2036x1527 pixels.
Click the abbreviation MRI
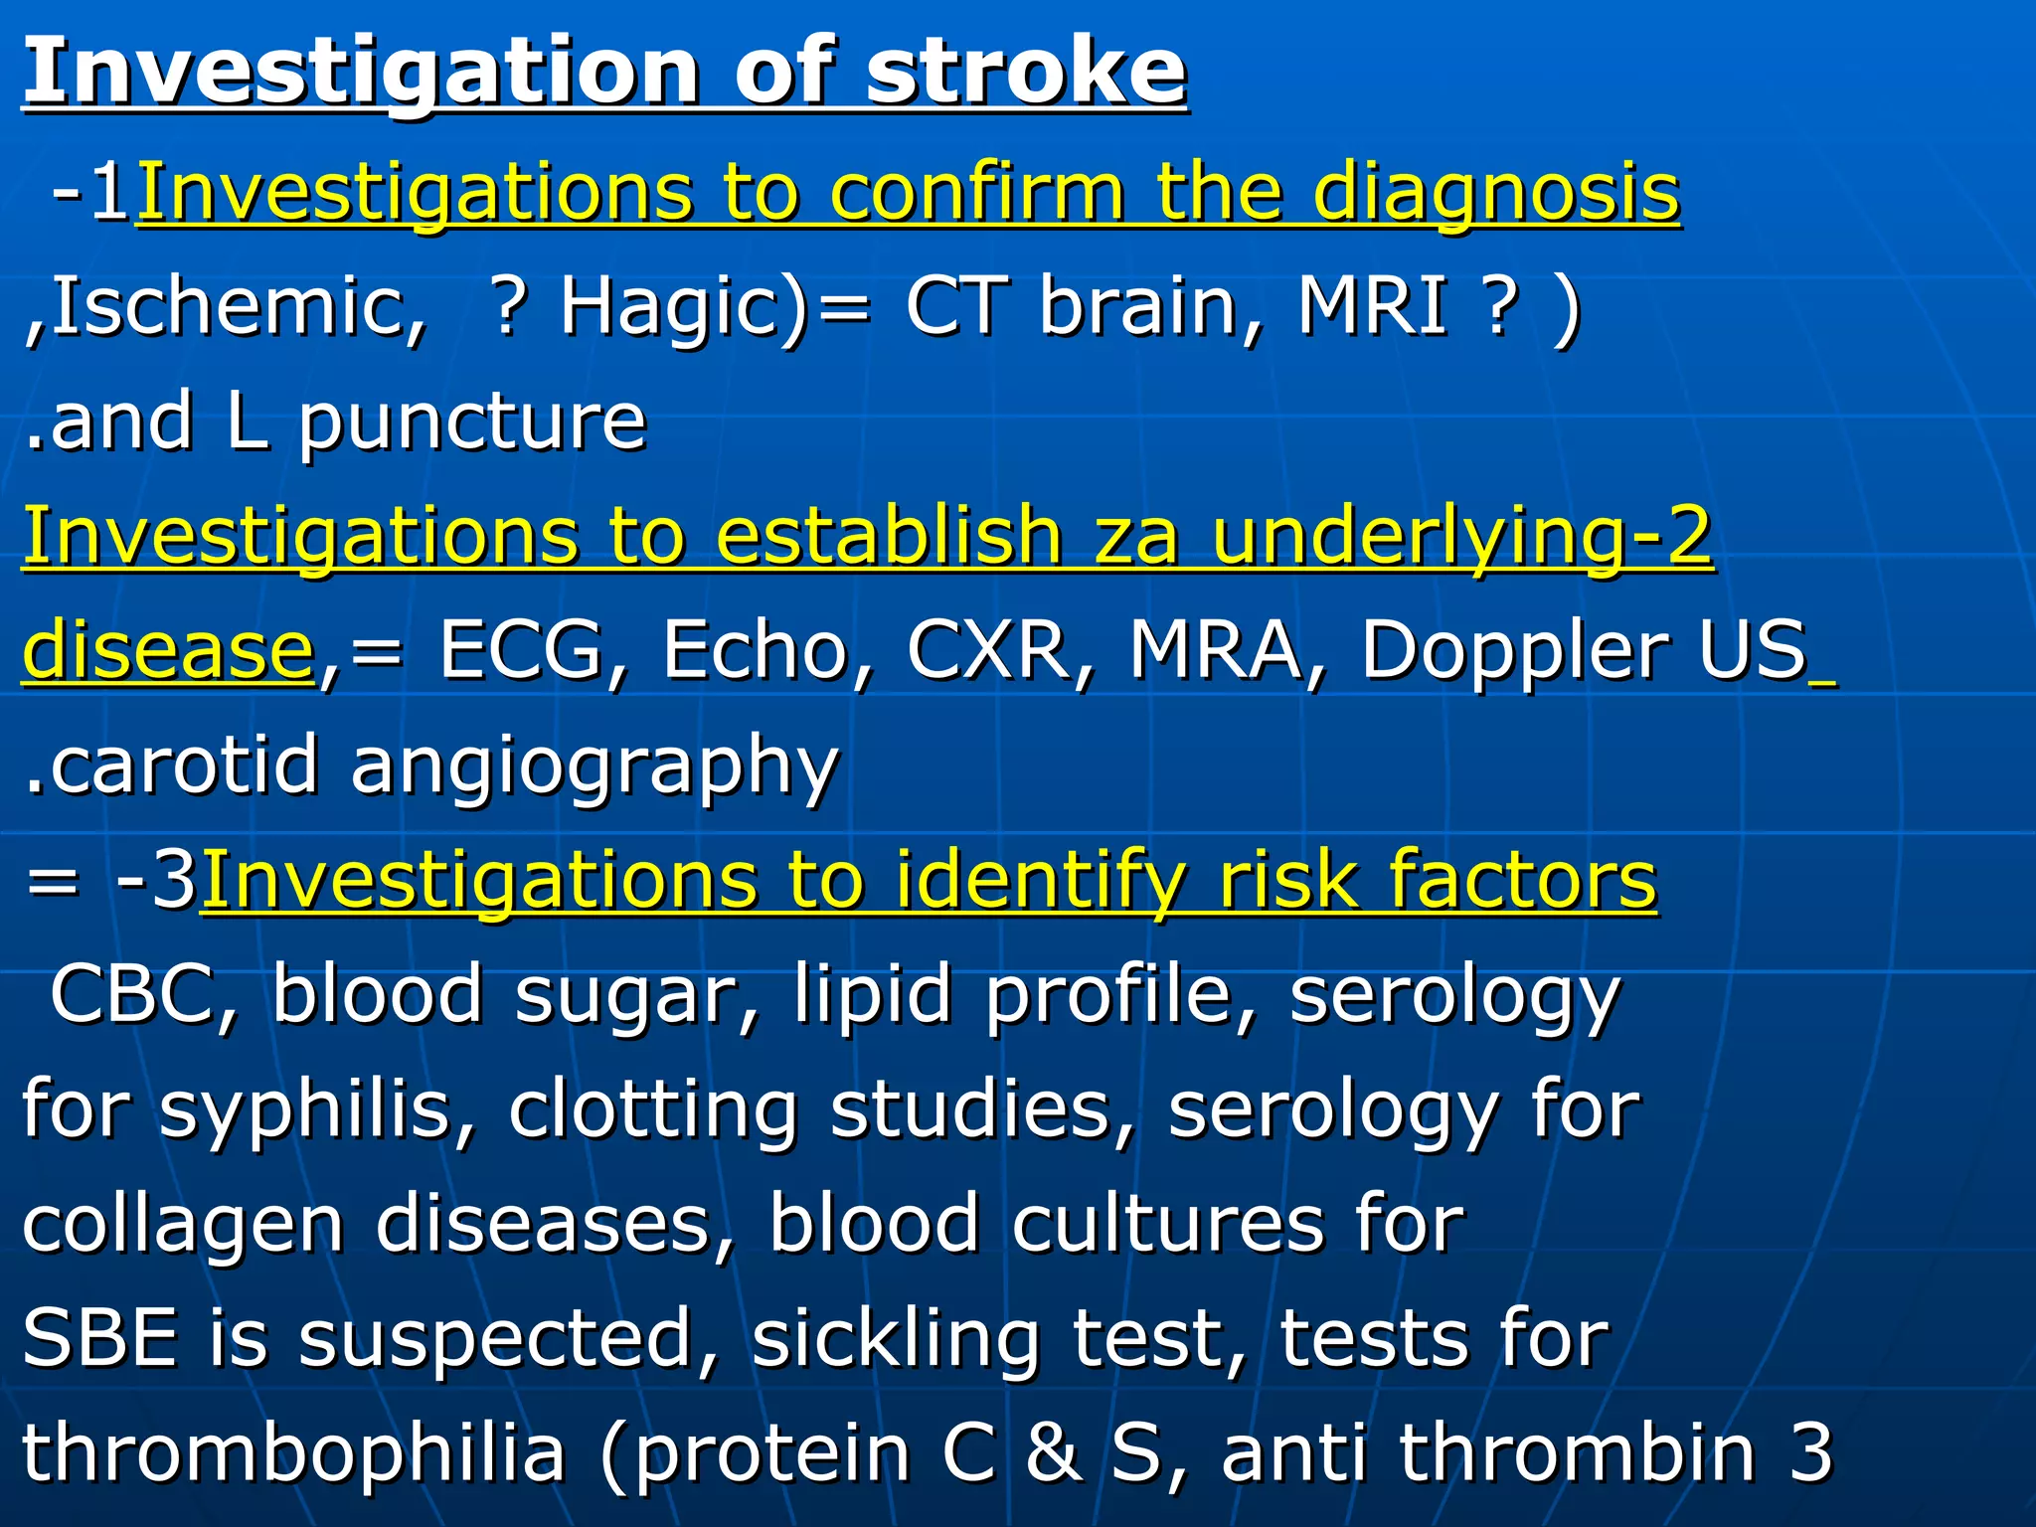click(x=1372, y=306)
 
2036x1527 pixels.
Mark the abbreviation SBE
click(x=100, y=1338)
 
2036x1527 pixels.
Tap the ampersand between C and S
click(x=1054, y=1453)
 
